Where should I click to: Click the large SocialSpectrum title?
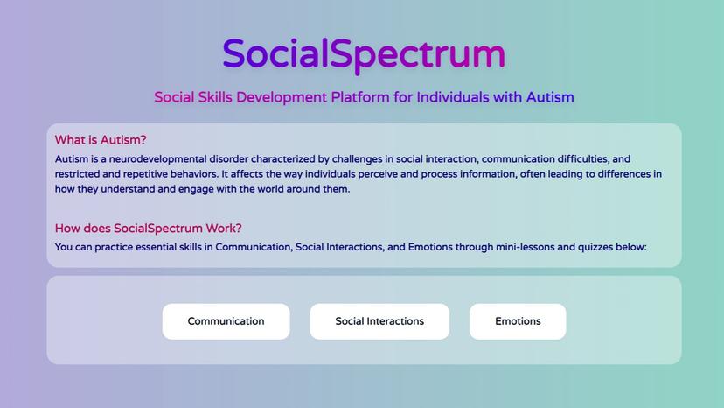coord(363,54)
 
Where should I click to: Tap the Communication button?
coord(226,321)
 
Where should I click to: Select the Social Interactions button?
coord(379,321)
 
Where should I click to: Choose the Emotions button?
coord(518,321)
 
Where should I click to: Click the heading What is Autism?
coord(101,140)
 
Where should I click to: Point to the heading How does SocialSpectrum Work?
coord(148,229)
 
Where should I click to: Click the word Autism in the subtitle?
coord(550,96)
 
